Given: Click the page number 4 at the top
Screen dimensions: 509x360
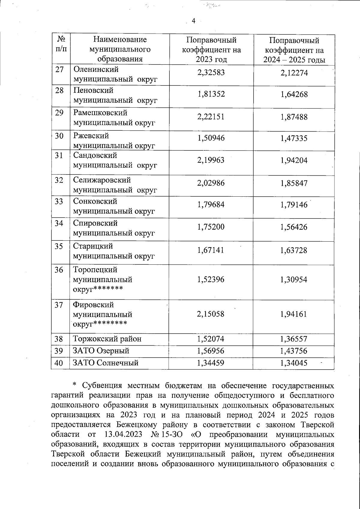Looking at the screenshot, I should pos(193,21).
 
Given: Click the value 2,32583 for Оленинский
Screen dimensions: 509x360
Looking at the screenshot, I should pos(211,73).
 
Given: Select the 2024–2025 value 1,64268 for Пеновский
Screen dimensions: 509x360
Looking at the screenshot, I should pos(294,95).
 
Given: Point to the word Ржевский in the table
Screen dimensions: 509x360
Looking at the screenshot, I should pos(91,136).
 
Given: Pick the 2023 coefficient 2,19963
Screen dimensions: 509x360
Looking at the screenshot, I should pos(211,160).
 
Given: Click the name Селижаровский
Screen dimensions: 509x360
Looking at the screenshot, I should pos(102,180).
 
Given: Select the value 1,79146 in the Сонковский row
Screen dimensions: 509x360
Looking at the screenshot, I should pos(294,205).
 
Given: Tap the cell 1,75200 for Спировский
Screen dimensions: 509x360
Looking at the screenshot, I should pos(211,227).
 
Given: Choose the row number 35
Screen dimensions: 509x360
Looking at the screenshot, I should pos(59,246).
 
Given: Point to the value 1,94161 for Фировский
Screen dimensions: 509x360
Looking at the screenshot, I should pos(294,314).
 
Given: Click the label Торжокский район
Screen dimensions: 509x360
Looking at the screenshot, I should pos(107,339).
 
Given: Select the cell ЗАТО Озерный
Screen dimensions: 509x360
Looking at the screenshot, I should pos(101,351).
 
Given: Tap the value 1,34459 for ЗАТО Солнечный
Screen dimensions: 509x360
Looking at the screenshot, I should pos(211,363).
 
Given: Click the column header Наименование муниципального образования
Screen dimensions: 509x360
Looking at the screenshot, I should pos(120,49).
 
